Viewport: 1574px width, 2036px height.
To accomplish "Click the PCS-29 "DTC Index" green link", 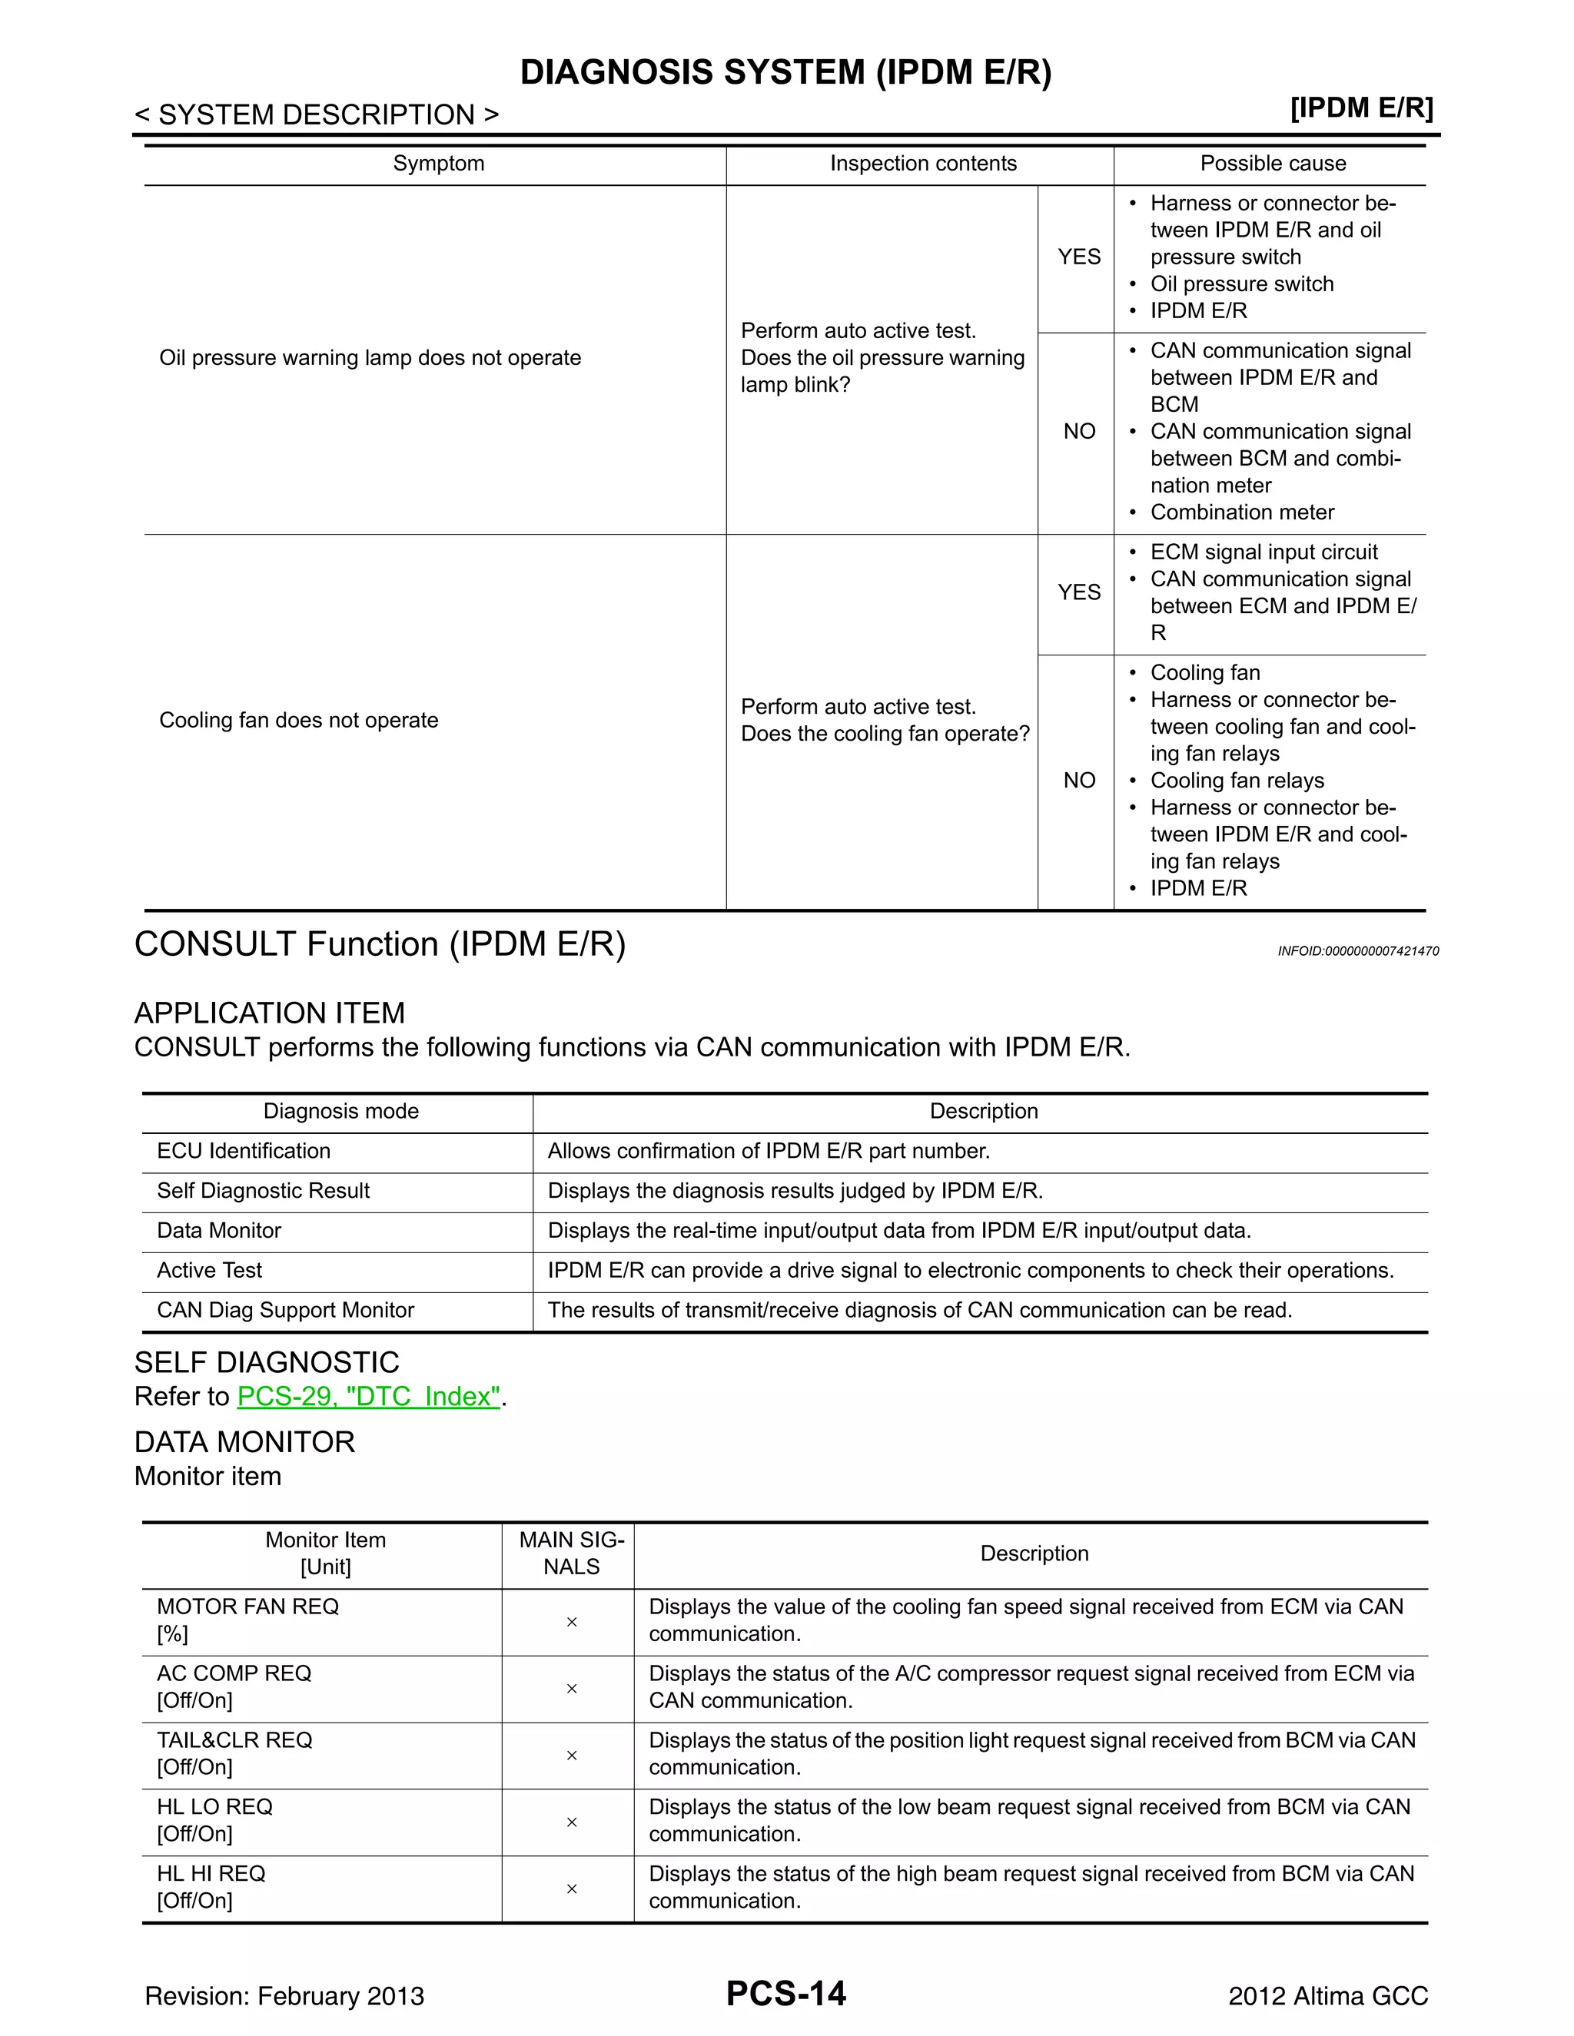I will click(x=369, y=1397).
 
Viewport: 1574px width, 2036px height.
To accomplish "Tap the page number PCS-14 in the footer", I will click(x=786, y=1993).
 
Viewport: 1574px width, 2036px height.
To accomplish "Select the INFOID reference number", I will click(x=1358, y=951).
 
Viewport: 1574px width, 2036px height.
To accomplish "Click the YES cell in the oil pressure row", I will click(x=1079, y=257).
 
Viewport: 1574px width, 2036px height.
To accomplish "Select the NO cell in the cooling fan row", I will click(x=1079, y=781).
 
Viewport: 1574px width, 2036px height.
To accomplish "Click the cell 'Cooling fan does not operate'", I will click(x=298, y=720).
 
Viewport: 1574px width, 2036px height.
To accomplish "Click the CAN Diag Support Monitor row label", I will click(x=285, y=1310).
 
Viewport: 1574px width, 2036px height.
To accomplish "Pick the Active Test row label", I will click(x=209, y=1270).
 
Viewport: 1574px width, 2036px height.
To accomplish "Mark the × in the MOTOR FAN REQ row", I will click(x=572, y=1622).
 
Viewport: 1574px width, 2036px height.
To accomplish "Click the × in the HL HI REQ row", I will click(x=572, y=1888).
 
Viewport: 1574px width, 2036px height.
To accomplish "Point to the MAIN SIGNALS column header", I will click(x=572, y=1553).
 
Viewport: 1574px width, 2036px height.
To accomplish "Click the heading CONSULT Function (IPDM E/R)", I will click(x=380, y=944).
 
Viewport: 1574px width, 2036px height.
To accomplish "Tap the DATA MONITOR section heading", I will click(x=244, y=1442).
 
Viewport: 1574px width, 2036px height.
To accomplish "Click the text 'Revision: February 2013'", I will click(x=284, y=1996).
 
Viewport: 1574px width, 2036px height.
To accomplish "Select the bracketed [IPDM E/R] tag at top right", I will click(x=1361, y=108).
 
